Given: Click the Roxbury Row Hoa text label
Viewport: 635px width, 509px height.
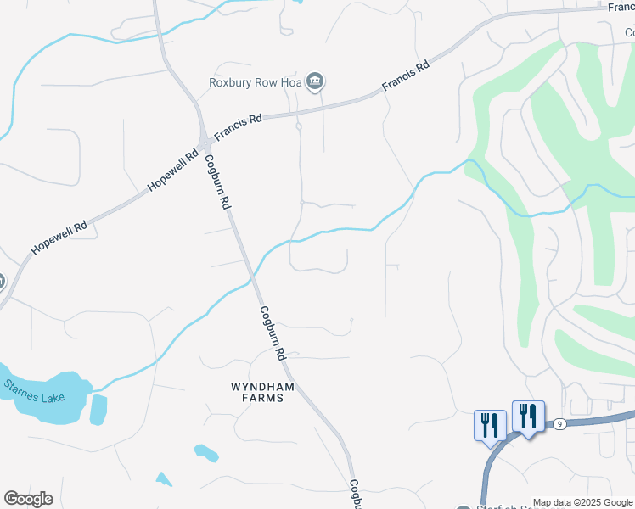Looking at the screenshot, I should coord(256,82).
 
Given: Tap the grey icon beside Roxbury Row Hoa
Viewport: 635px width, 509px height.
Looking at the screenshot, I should coord(315,81).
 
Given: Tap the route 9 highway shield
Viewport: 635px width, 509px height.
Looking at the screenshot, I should coord(559,423).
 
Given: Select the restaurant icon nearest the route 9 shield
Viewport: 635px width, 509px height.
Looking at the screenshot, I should coord(528,416).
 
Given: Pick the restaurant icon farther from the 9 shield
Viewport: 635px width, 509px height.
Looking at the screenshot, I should coord(489,424).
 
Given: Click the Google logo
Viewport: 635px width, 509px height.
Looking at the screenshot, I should coord(28,499).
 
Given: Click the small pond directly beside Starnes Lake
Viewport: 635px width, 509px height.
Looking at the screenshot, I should coord(98,409).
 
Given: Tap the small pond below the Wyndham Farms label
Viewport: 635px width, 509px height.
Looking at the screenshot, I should coord(205,453).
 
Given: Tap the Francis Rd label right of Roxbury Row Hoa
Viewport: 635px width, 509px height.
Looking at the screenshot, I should coord(407,76).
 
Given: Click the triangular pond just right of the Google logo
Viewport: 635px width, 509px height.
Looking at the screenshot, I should coord(163,479).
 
